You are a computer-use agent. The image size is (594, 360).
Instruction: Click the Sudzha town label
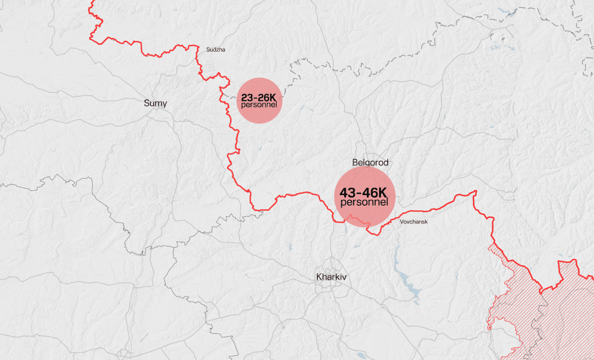[x=215, y=50]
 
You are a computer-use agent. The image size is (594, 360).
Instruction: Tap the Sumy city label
[x=155, y=103]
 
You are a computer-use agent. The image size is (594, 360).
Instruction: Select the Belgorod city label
[x=370, y=163]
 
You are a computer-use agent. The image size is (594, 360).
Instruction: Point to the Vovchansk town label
[x=414, y=222]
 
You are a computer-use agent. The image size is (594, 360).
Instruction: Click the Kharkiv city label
[x=331, y=277]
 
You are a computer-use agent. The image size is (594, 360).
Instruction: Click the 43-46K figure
[x=364, y=192]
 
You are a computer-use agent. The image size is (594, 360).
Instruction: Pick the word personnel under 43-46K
[x=364, y=202]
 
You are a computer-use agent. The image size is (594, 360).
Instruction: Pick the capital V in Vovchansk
[x=402, y=222]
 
